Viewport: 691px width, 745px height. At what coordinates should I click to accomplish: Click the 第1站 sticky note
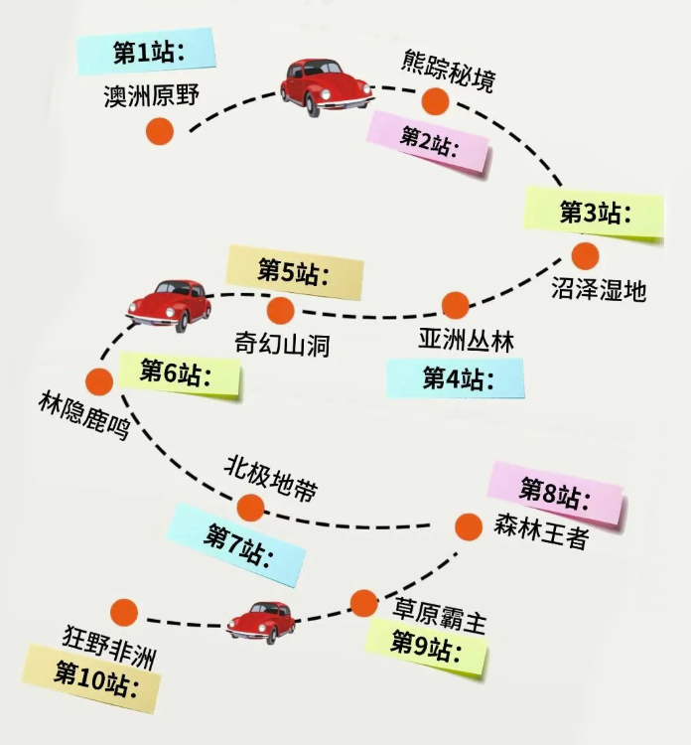click(145, 51)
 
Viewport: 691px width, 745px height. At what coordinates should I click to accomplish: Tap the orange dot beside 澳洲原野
click(159, 130)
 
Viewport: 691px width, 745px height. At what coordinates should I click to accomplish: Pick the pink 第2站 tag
click(429, 140)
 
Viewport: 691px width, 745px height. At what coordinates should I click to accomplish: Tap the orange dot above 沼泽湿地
click(585, 256)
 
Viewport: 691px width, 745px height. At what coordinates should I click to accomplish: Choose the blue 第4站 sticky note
click(456, 377)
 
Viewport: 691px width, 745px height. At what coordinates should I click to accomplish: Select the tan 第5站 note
click(294, 270)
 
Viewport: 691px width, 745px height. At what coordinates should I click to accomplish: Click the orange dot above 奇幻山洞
click(281, 311)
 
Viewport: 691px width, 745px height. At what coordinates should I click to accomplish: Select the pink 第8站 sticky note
click(555, 491)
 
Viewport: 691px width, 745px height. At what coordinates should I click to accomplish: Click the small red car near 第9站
click(261, 621)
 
